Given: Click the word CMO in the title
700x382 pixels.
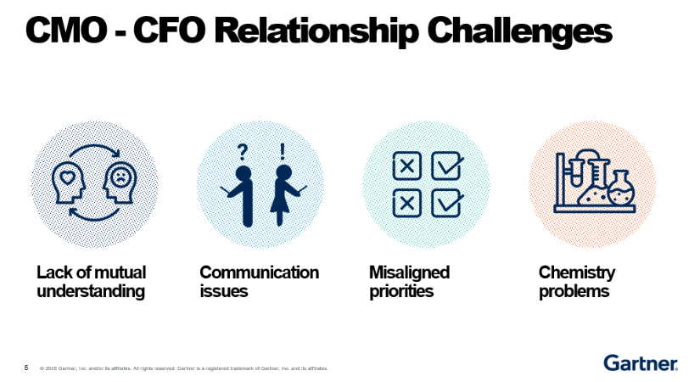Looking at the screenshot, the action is coord(66,30).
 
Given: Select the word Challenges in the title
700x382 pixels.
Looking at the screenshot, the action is coord(519,31).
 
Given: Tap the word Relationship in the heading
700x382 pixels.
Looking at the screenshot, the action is coord(316,31).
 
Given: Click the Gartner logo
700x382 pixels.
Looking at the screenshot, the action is coord(641,362).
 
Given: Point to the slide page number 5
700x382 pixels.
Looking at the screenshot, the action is coord(26,368).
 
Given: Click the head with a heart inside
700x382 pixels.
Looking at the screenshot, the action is coord(69,183).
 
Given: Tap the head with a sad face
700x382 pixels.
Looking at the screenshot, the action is coord(120,183).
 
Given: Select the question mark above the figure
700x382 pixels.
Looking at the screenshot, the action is coord(243,152).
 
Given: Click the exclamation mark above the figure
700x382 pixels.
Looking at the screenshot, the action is coord(283,151).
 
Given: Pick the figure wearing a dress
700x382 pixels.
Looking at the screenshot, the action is coord(284,194).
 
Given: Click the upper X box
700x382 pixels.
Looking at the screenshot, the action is coord(406,166).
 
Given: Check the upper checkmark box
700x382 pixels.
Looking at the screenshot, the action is coord(447,166).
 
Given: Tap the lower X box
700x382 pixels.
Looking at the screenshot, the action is coord(406,203).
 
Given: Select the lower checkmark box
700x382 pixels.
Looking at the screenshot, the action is coord(447,203).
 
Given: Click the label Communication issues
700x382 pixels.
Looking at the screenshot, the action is coord(259,282).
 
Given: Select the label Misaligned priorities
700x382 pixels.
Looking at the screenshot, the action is coord(409,282).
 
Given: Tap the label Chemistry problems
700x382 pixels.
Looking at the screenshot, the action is coord(577,282).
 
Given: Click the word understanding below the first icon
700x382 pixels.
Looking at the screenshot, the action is coord(91,291).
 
